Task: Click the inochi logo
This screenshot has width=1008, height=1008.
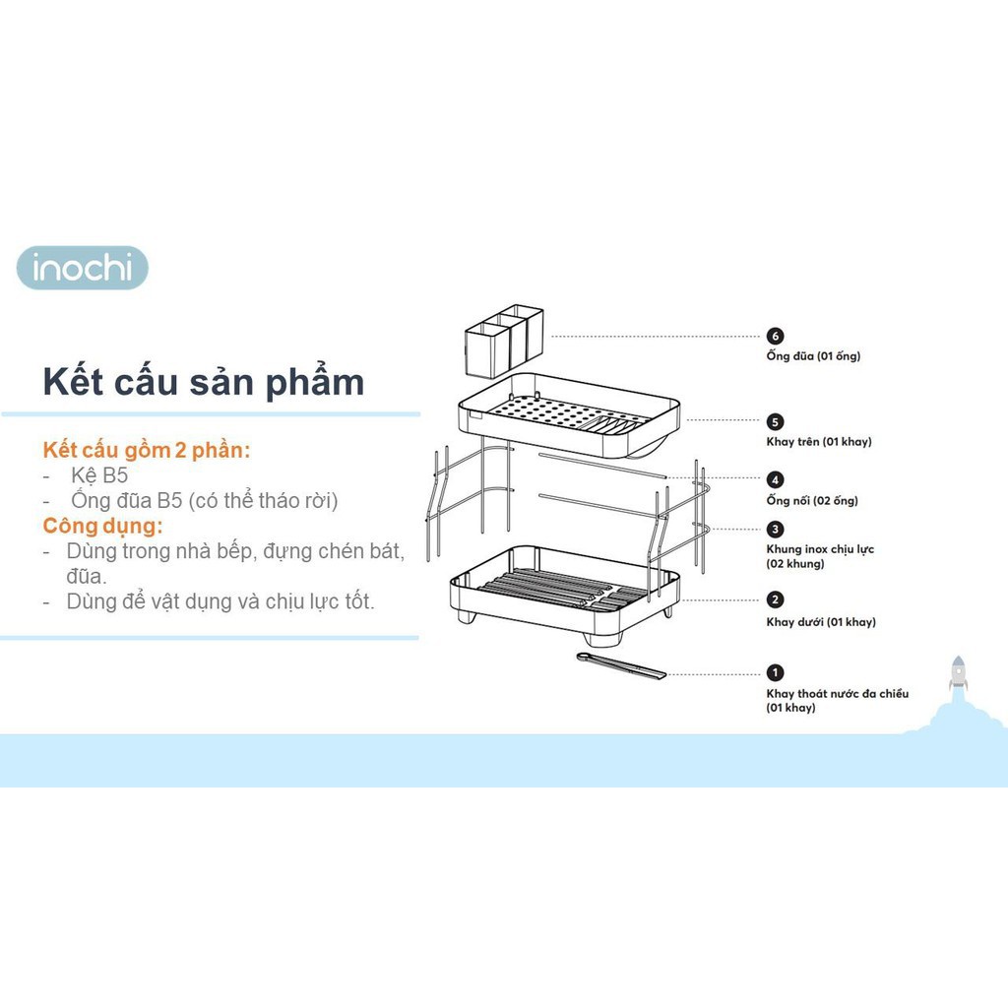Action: (x=83, y=268)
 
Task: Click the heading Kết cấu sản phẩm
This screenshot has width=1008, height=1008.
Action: (x=203, y=383)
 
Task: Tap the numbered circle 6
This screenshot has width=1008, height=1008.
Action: (x=776, y=337)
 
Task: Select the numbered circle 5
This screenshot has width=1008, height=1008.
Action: (x=776, y=421)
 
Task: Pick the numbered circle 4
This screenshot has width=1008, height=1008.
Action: (x=776, y=479)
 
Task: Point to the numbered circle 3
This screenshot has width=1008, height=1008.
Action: (x=776, y=529)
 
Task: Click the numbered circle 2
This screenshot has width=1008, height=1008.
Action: (x=776, y=599)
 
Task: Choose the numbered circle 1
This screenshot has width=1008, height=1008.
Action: (x=776, y=672)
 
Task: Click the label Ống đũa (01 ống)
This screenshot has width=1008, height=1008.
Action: (x=813, y=355)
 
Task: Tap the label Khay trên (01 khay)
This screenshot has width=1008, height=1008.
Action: (x=819, y=442)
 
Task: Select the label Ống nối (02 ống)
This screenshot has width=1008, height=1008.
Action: (x=812, y=500)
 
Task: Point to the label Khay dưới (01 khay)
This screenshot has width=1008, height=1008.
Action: (x=821, y=622)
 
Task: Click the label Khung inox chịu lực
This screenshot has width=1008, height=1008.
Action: (x=820, y=549)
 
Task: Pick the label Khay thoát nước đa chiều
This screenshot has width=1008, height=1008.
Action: (x=838, y=694)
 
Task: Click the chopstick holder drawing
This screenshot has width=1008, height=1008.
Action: (x=504, y=341)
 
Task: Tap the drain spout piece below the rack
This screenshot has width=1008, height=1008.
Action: (x=621, y=665)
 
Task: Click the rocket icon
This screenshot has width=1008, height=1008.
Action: (x=958, y=673)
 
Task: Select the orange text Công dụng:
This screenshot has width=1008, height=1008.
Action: (x=102, y=526)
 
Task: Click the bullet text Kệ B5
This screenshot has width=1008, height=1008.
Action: (x=99, y=475)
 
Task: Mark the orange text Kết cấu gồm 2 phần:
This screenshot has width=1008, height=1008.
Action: (x=147, y=450)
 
